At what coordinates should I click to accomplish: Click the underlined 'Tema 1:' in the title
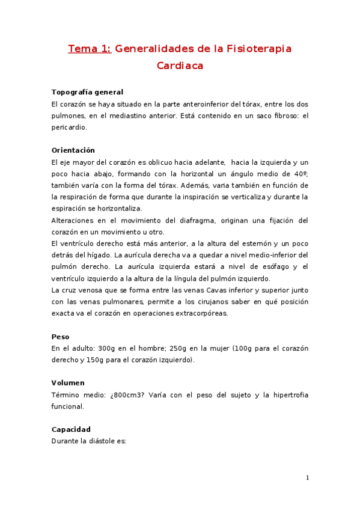pyautogui.click(x=90, y=49)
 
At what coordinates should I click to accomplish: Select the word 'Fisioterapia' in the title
pyautogui.click(x=258, y=49)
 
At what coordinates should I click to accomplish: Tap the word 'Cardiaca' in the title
pyautogui.click(x=180, y=66)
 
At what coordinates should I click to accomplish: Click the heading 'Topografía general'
pyautogui.click(x=87, y=92)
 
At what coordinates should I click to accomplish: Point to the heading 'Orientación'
pyautogui.click(x=73, y=150)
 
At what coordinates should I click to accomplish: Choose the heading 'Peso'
pyautogui.click(x=60, y=337)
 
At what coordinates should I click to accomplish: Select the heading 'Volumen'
pyautogui.click(x=68, y=383)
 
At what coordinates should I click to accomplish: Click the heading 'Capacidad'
pyautogui.click(x=71, y=429)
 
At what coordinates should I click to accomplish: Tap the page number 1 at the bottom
pyautogui.click(x=307, y=478)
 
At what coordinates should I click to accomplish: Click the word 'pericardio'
pyautogui.click(x=69, y=127)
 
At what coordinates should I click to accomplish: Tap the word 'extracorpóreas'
pyautogui.click(x=200, y=313)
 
